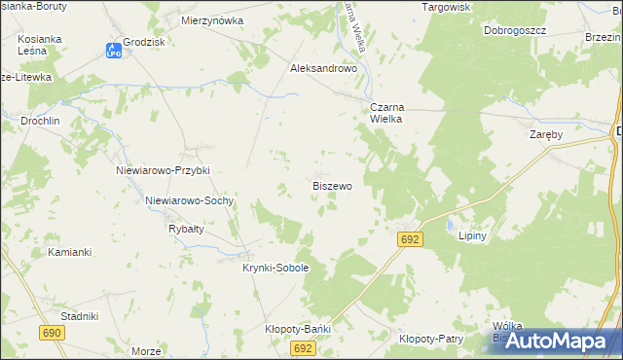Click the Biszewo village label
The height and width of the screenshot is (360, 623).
click(x=332, y=185)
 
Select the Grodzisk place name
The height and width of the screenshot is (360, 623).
click(x=144, y=44)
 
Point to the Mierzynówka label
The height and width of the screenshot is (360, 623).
click(x=212, y=19)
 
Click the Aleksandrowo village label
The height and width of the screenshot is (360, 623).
click(x=325, y=69)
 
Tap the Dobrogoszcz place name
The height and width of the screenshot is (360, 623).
click(x=515, y=30)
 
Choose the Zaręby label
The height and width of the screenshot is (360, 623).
click(x=545, y=134)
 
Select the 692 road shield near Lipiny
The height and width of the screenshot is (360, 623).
click(x=410, y=239)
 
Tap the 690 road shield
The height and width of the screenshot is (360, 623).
click(x=53, y=333)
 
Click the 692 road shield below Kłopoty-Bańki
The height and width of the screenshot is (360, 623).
click(x=303, y=347)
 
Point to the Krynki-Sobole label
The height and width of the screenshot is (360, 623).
click(x=275, y=268)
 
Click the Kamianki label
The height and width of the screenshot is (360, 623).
click(x=69, y=252)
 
